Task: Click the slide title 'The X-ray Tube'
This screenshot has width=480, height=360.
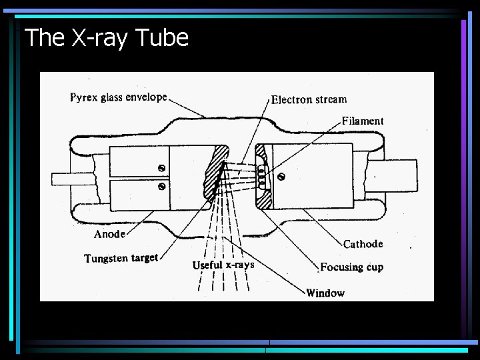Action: [107, 38]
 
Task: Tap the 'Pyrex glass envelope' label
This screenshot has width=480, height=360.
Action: [119, 97]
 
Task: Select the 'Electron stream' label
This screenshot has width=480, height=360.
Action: [309, 99]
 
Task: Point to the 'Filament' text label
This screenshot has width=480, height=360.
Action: [363, 121]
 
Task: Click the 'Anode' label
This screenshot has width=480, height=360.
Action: [109, 234]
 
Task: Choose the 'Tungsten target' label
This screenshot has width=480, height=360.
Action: [121, 258]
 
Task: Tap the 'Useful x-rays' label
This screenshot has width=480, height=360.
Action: [223, 265]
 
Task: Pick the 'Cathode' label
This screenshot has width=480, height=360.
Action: [363, 244]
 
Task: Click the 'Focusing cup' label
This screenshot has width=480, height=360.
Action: [351, 267]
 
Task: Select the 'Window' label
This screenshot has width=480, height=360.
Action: [325, 292]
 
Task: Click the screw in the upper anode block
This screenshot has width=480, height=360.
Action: [161, 167]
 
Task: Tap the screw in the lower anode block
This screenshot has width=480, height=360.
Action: [161, 186]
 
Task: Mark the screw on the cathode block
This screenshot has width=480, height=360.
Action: [281, 177]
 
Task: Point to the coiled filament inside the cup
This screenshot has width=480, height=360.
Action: [261, 176]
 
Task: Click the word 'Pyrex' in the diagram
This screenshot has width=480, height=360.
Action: [84, 97]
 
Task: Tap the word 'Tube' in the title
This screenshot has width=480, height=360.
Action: [162, 38]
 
